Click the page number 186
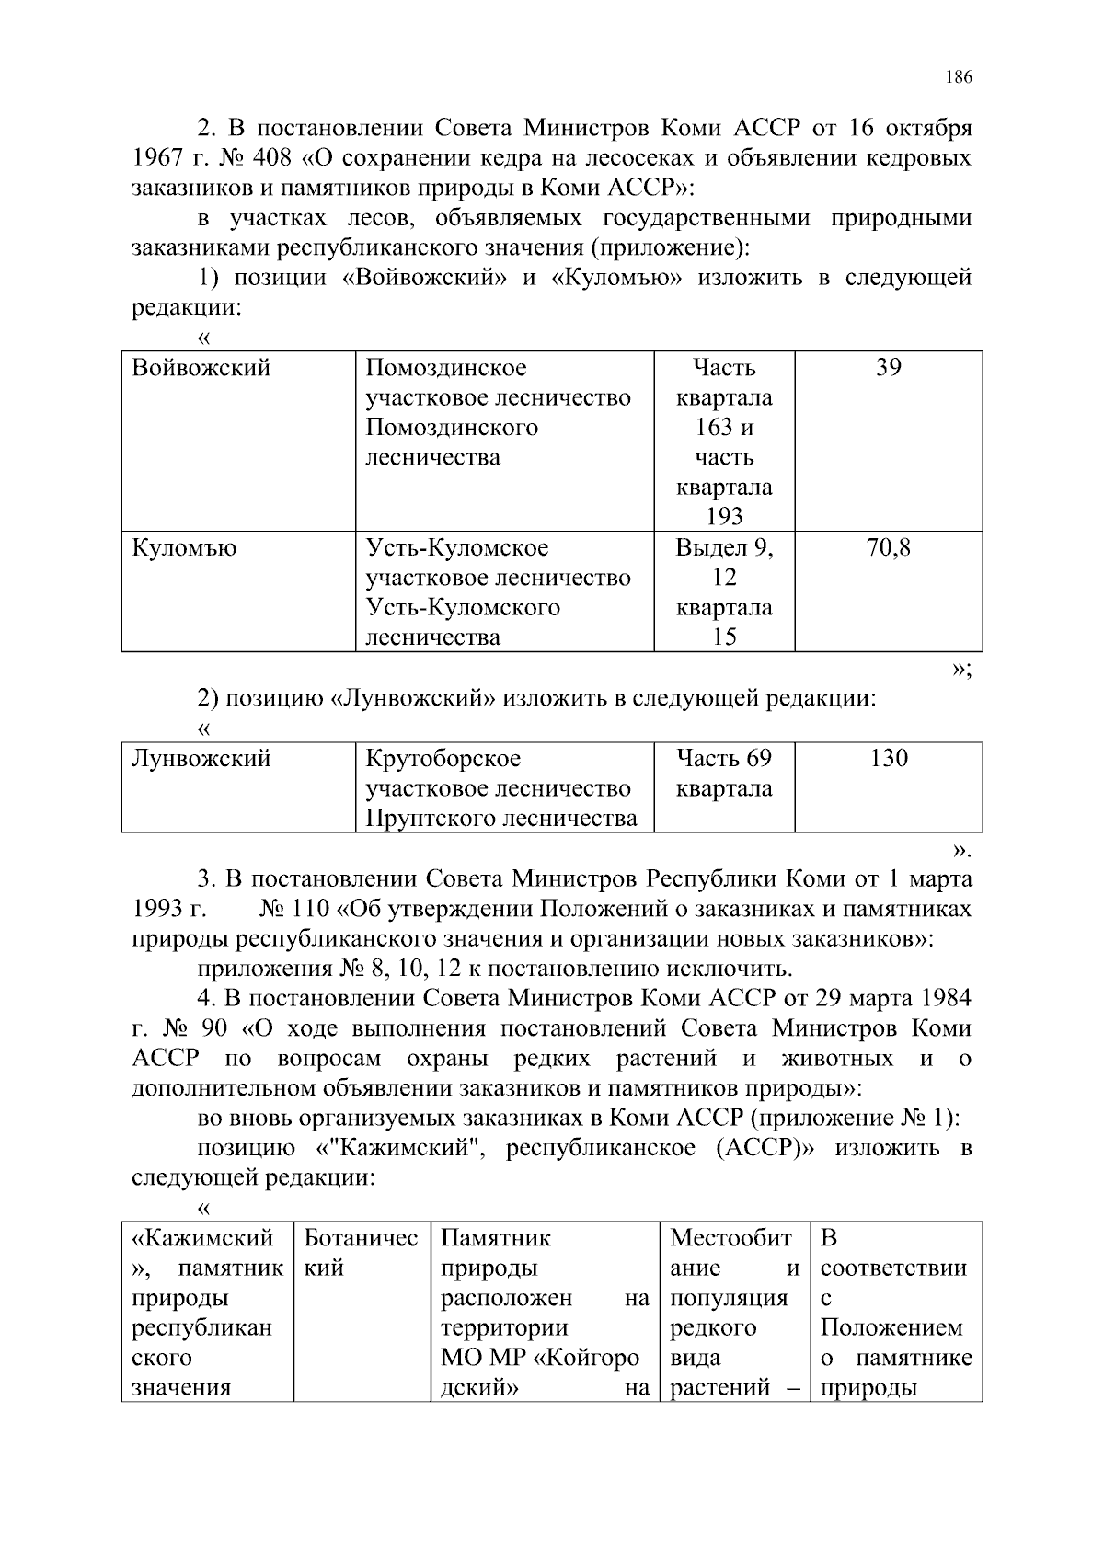pos(957,77)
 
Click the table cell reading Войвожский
pos(201,369)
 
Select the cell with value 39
pos(888,369)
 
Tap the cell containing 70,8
pos(888,549)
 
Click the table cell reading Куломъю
pos(185,549)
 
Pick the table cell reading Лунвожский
pos(201,759)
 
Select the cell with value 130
pos(888,759)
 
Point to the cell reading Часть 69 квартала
pos(724,774)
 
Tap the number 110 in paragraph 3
pos(309,909)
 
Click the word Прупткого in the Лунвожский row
pos(424,818)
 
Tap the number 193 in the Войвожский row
pos(724,517)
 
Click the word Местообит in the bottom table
pos(730,1238)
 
